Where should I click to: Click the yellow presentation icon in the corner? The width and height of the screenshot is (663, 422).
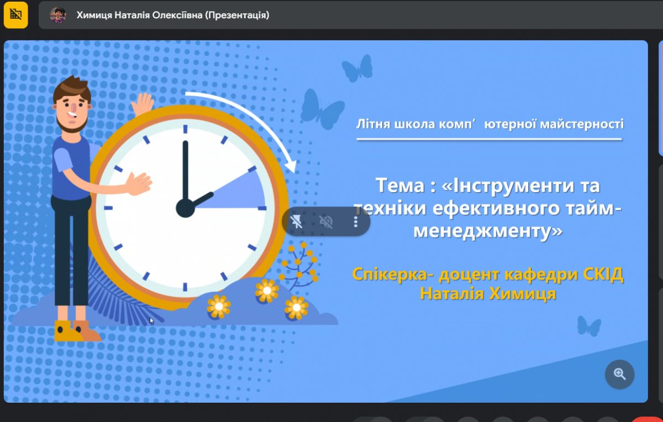coord(15,15)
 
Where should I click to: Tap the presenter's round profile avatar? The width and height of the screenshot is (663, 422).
coord(57,15)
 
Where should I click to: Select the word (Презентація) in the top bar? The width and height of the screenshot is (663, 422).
coord(237,15)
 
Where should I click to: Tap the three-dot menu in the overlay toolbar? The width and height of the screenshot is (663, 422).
coord(356,221)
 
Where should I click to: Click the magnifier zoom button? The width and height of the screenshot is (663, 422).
coord(619,374)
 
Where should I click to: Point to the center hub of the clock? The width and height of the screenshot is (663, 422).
coord(185,208)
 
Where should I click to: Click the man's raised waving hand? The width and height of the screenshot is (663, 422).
coord(143,104)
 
